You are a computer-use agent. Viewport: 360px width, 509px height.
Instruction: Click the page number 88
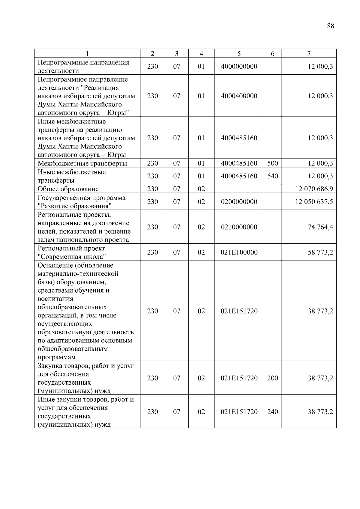[330, 26]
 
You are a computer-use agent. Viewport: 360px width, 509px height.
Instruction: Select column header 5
[239, 54]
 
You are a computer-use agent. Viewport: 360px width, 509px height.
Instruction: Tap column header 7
[309, 54]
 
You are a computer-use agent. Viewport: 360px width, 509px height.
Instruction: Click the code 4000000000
[239, 67]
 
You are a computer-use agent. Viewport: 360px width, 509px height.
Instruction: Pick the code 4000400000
[239, 96]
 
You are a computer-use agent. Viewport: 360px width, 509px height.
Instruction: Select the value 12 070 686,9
[314, 189]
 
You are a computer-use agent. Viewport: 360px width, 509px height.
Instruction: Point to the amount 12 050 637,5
[314, 202]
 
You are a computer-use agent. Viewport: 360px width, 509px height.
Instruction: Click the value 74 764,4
[320, 227]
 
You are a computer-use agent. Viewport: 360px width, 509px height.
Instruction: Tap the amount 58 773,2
[320, 252]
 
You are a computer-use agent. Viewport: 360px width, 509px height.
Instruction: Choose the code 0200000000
[239, 202]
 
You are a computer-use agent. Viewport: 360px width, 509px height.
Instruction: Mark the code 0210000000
[239, 227]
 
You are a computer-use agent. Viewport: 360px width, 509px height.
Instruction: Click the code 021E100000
[239, 252]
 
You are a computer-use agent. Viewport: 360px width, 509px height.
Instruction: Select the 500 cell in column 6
[272, 163]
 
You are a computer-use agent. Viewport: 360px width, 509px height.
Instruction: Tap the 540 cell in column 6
[272, 176]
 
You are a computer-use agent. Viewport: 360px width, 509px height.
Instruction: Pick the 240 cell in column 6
[272, 412]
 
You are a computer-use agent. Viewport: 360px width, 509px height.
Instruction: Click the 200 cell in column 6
[272, 378]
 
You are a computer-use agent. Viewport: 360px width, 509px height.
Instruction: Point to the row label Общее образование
[68, 189]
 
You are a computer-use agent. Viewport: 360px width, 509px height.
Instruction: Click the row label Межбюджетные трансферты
[82, 164]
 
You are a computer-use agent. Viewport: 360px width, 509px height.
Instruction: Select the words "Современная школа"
[72, 257]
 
